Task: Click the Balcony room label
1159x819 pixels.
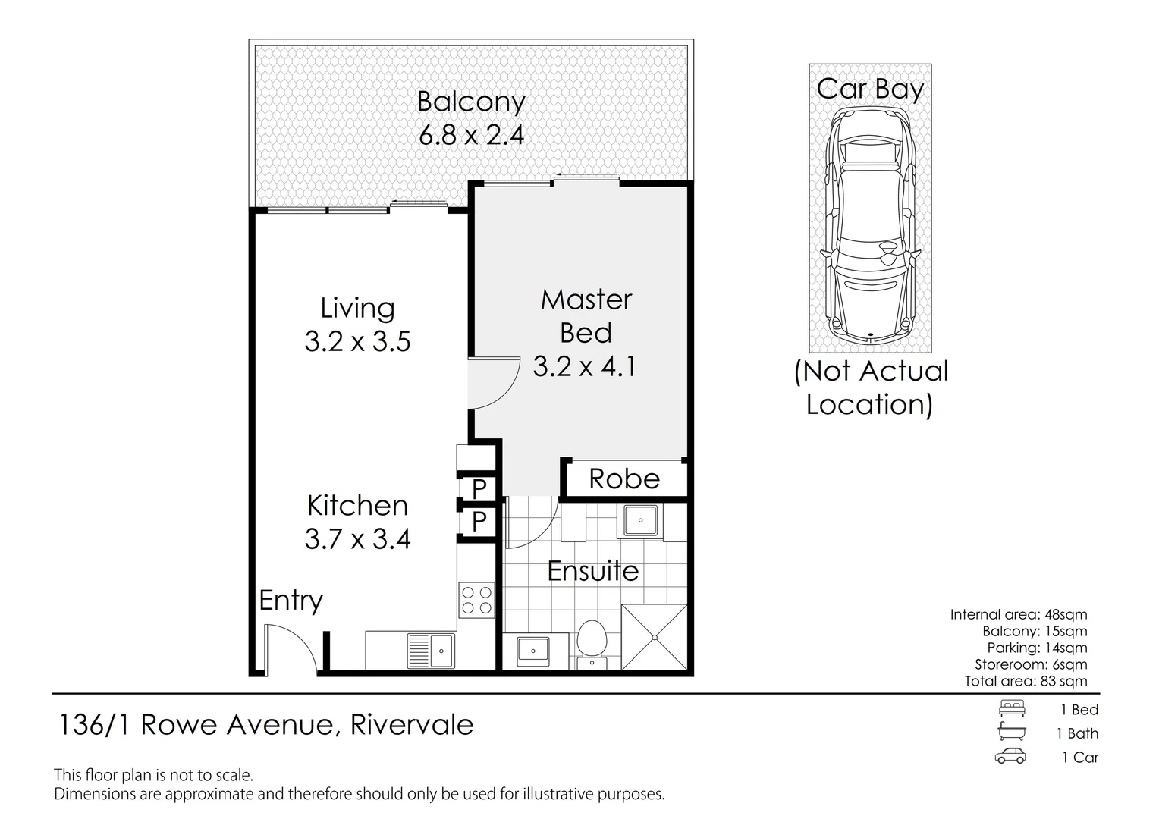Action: click(471, 102)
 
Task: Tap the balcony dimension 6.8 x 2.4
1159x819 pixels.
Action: click(471, 135)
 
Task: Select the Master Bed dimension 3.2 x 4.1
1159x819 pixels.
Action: click(585, 367)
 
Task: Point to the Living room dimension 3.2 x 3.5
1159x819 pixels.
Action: click(357, 341)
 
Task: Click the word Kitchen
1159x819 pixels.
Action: click(357, 505)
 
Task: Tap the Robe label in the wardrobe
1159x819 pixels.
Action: click(624, 479)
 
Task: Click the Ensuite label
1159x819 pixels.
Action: click(592, 571)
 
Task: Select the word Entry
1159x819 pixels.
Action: click(291, 601)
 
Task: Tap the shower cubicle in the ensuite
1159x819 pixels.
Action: click(654, 637)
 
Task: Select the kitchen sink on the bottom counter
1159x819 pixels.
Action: click(431, 650)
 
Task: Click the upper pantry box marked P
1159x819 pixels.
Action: click(479, 488)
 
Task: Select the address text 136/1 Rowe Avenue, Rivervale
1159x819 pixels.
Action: click(266, 725)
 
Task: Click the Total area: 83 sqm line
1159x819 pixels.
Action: click(1026, 681)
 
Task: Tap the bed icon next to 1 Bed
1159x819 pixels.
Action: click(1012, 709)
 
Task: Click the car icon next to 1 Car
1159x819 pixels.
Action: click(1010, 757)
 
